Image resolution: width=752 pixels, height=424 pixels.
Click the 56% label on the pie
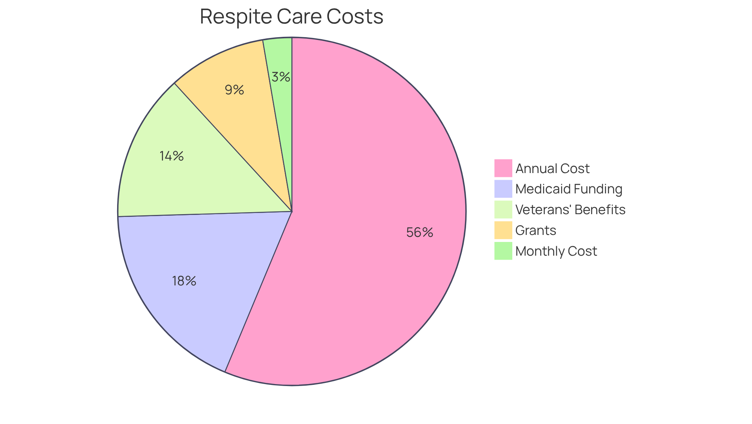(x=419, y=233)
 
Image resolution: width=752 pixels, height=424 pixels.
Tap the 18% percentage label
(x=184, y=281)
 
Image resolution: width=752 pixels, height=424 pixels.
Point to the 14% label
(x=172, y=156)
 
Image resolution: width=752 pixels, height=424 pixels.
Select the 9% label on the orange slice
(x=234, y=90)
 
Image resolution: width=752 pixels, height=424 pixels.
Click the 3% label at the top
(x=281, y=77)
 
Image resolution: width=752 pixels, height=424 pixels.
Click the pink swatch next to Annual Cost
(x=503, y=168)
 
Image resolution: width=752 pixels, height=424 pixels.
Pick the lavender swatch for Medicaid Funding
(x=503, y=189)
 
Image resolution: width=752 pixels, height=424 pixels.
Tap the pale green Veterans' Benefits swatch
(x=503, y=209)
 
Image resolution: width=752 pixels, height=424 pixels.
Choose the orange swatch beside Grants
(x=503, y=230)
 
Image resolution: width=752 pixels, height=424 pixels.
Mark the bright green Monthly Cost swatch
(x=503, y=251)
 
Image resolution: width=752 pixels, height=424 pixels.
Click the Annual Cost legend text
(x=552, y=168)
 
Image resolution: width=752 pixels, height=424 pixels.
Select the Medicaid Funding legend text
(x=569, y=189)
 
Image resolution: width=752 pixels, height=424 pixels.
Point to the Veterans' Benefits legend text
(x=570, y=209)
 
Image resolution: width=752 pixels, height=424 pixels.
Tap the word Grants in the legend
(x=536, y=230)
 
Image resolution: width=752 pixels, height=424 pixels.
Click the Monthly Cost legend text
(x=556, y=251)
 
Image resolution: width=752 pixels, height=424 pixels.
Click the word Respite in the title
(x=235, y=16)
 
